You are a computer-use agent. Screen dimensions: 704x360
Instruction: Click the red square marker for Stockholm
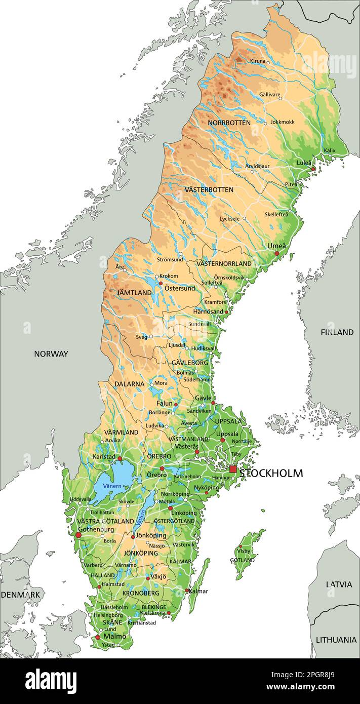pyautogui.click(x=233, y=470)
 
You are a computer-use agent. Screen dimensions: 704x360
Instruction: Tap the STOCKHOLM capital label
pyautogui.click(x=271, y=474)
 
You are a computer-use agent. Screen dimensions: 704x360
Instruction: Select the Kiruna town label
pyautogui.click(x=257, y=61)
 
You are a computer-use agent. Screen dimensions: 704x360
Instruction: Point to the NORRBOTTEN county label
pyautogui.click(x=229, y=123)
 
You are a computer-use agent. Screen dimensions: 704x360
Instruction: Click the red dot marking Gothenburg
pyautogui.click(x=78, y=534)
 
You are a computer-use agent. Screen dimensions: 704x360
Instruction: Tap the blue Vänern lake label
pyautogui.click(x=112, y=486)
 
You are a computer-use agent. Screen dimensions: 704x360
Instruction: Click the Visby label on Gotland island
pyautogui.click(x=244, y=551)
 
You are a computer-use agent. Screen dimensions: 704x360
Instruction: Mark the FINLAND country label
pyautogui.click(x=337, y=332)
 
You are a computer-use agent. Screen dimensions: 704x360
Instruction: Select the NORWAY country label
pyautogui.click(x=51, y=354)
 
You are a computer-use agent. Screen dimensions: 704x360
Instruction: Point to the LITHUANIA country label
pyautogui.click(x=336, y=640)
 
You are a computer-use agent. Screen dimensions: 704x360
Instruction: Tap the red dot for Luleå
pyautogui.click(x=313, y=169)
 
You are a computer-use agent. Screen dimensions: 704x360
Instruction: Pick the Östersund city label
pyautogui.click(x=179, y=288)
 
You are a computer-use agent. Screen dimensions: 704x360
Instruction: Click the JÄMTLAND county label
pyautogui.click(x=134, y=293)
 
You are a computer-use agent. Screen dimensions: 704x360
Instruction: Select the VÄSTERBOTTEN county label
pyautogui.click(x=209, y=189)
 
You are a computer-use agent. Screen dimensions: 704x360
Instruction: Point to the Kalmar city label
pyautogui.click(x=198, y=591)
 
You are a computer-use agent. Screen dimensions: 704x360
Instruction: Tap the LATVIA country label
pyautogui.click(x=339, y=584)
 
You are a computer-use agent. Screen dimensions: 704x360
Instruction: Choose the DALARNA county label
pyautogui.click(x=129, y=384)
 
